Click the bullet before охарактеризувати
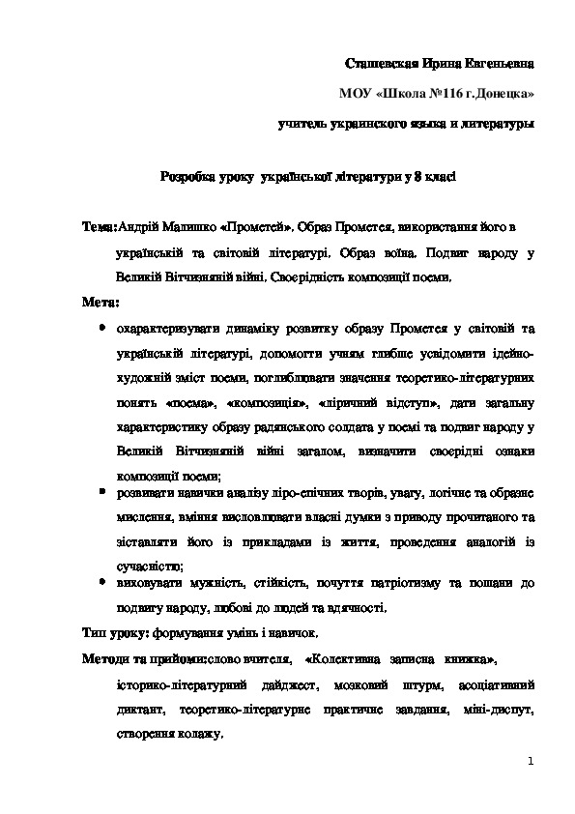102,328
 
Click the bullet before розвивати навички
102,491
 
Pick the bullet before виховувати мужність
102,583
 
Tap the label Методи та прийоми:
140,660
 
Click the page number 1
531,763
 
